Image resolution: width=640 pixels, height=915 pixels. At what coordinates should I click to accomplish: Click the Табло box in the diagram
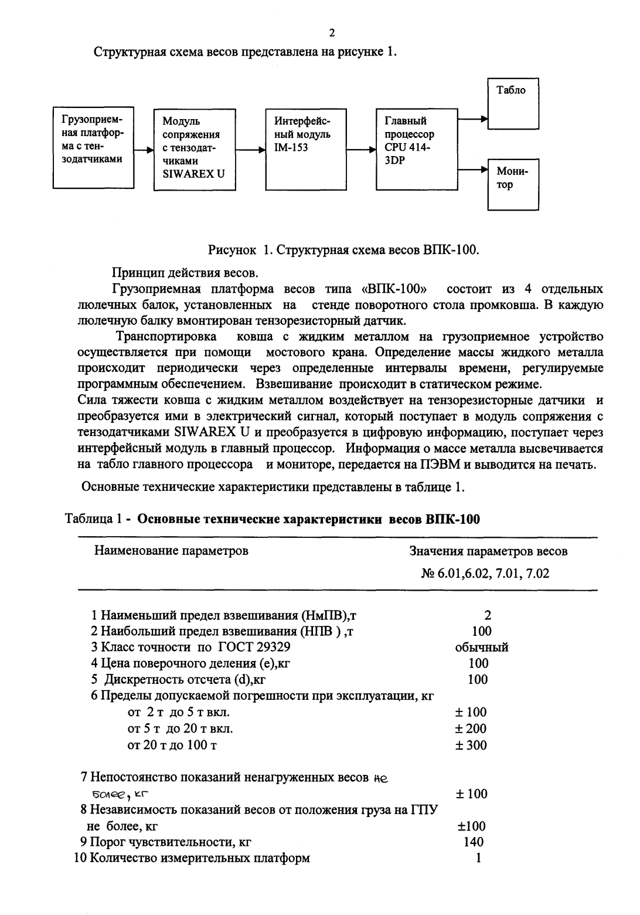[513, 104]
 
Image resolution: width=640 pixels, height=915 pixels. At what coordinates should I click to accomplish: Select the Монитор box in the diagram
[513, 184]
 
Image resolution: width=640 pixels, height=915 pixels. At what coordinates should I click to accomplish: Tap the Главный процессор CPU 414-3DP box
[416, 148]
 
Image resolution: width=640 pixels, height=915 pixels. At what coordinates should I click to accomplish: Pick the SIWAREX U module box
[193, 148]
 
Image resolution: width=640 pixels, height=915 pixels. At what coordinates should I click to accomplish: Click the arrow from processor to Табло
[472, 119]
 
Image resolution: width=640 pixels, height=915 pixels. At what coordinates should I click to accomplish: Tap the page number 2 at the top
[332, 32]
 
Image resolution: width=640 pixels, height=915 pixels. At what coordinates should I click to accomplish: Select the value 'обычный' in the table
[481, 648]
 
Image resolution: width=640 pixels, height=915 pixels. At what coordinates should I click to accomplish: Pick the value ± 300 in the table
[471, 745]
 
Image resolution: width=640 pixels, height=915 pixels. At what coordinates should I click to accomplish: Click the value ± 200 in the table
[471, 729]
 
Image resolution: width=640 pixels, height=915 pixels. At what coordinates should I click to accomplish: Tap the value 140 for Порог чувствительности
[473, 842]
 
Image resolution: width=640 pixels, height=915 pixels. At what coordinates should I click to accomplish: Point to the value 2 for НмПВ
[488, 615]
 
